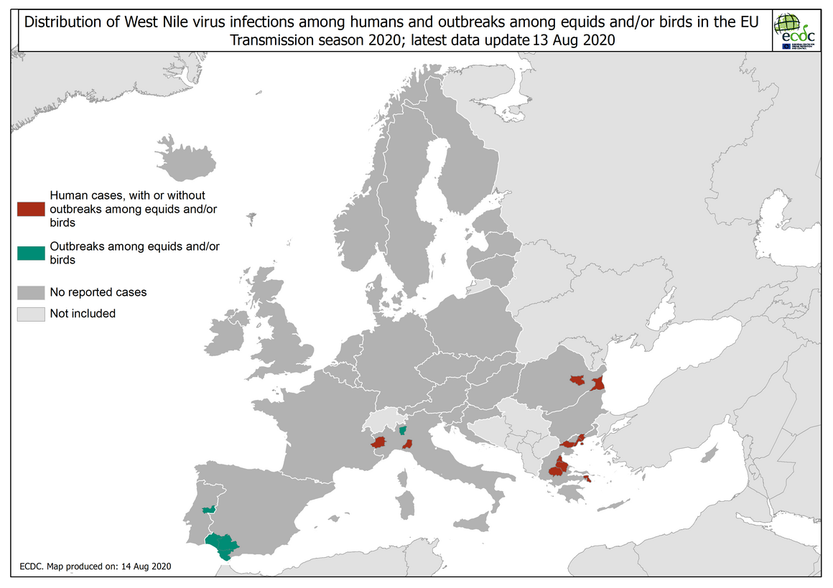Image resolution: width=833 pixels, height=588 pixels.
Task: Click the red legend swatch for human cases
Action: (x=31, y=209)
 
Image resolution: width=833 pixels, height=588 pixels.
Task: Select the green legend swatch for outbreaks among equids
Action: (x=31, y=253)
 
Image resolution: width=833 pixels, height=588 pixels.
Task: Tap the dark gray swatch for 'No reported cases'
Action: (x=31, y=293)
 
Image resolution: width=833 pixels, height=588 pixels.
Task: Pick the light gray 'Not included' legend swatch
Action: (x=31, y=314)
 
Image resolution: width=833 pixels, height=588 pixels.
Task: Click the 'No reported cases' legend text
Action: (x=98, y=293)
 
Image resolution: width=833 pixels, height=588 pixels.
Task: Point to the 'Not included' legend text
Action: (x=83, y=314)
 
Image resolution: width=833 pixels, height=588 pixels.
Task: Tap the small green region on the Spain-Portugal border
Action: (x=208, y=510)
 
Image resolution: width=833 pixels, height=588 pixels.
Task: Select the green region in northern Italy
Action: (x=403, y=430)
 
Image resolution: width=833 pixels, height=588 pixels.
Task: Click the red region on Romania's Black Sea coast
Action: (x=598, y=383)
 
